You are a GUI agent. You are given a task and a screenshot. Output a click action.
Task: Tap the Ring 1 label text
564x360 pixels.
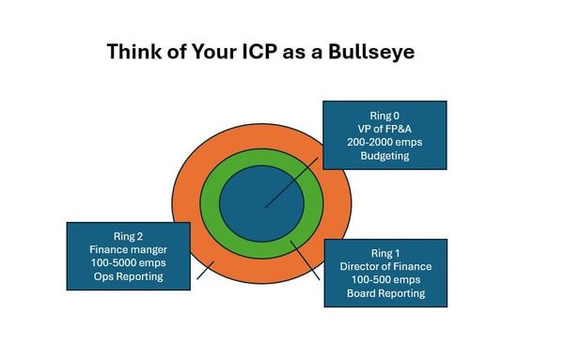click(384, 250)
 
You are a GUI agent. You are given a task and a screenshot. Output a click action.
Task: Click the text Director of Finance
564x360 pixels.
click(384, 265)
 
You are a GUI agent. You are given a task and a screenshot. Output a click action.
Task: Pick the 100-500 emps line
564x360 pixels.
click(384, 279)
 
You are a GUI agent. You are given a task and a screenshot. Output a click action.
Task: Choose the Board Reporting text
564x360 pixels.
click(384, 293)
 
